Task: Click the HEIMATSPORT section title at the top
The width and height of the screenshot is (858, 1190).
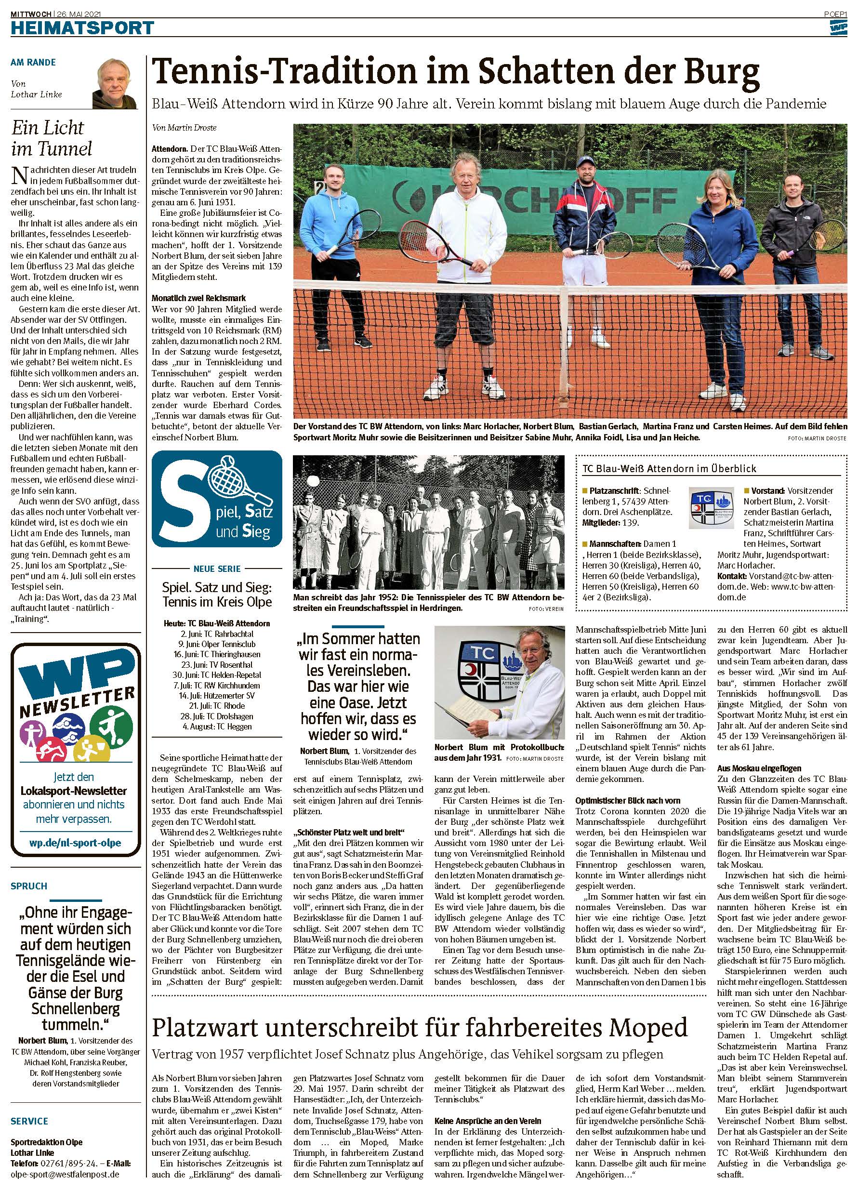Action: pos(82,27)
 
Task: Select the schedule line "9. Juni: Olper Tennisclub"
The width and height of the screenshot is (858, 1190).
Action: pos(217,644)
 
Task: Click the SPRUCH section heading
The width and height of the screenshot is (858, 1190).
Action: pos(29,886)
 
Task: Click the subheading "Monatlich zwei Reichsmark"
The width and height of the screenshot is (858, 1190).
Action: pos(191,298)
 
